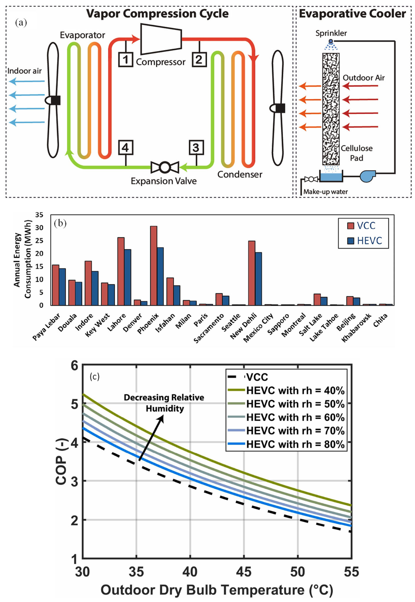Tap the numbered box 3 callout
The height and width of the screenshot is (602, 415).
tap(196, 148)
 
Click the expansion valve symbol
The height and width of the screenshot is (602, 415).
tap(165, 167)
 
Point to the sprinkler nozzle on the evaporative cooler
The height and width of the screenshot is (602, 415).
tap(331, 41)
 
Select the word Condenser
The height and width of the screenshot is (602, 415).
tap(240, 175)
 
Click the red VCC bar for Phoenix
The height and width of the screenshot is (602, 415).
tap(153, 266)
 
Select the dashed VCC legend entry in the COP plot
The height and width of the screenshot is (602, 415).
tap(257, 377)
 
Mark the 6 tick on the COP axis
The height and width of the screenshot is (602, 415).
tap(74, 366)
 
